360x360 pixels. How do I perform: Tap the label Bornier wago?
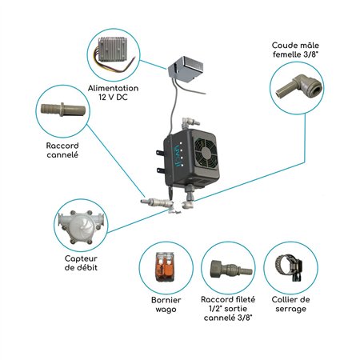(x=166, y=306)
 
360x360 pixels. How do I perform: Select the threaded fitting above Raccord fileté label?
(x=226, y=270)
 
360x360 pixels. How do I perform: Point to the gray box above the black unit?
(x=190, y=71)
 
